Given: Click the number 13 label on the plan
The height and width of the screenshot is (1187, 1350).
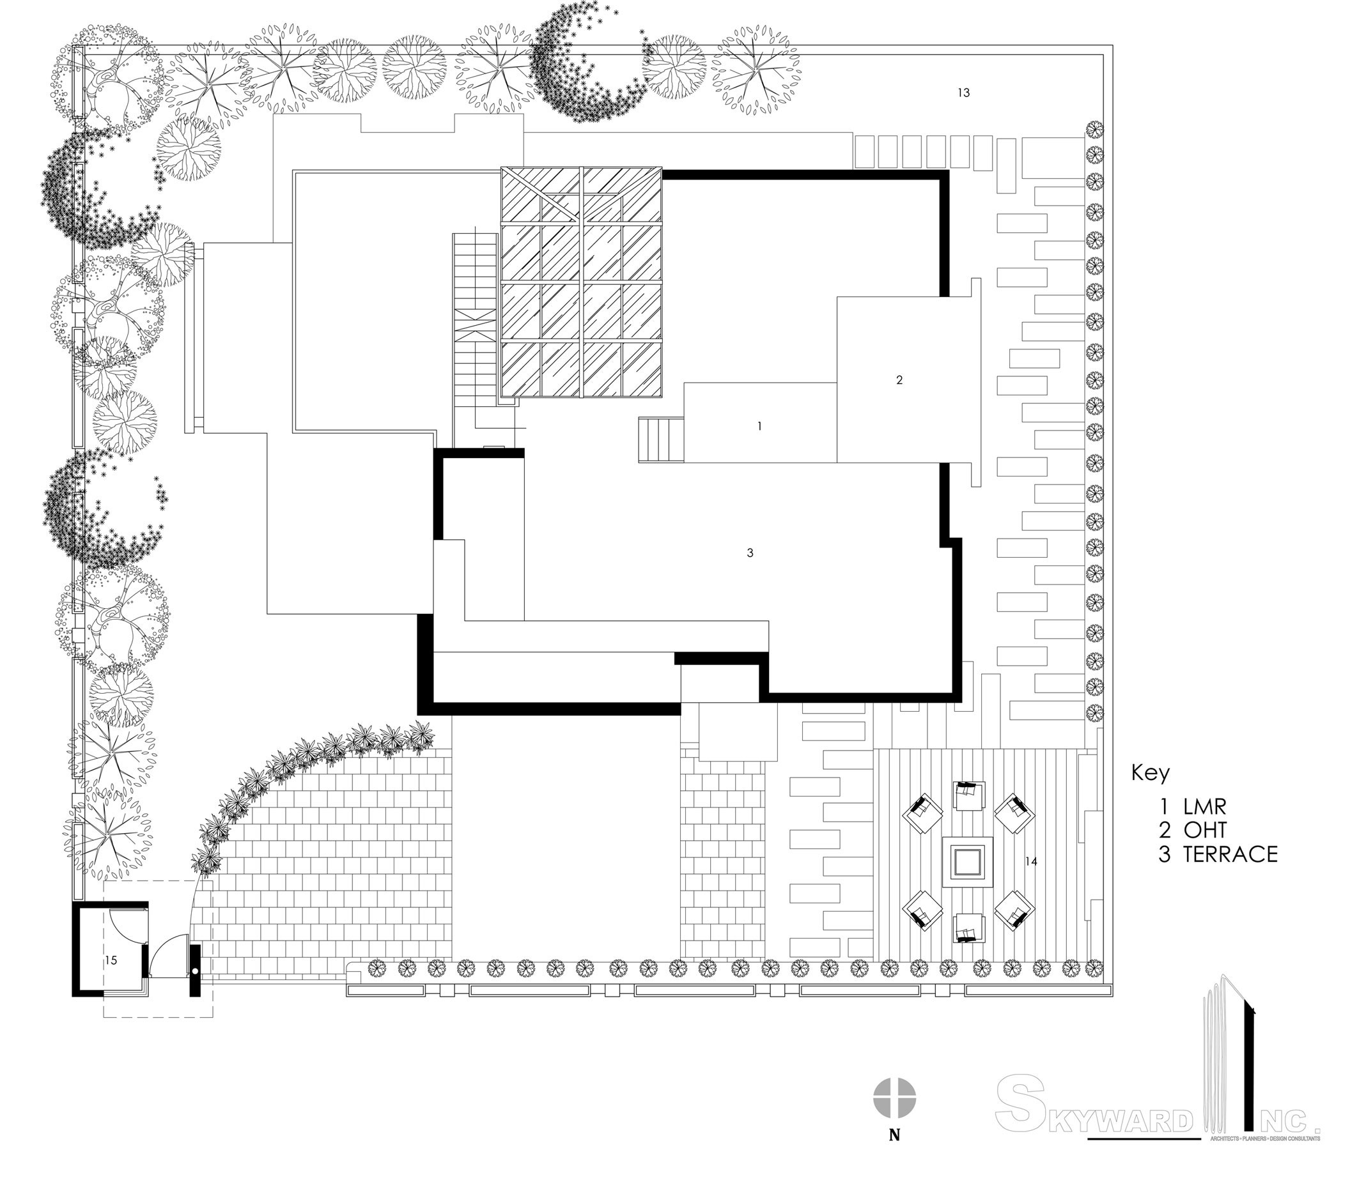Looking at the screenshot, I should point(964,93).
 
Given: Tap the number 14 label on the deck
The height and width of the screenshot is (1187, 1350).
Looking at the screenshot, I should point(1031,862).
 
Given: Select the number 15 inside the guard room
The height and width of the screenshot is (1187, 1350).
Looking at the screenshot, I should point(111,960).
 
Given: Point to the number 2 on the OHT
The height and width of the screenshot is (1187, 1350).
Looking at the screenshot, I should point(899,380).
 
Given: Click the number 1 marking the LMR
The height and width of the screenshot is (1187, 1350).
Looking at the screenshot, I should point(759,427).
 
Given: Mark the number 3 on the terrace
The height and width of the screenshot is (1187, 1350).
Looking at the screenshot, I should point(750,553).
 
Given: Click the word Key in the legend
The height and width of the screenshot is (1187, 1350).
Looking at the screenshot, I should point(1150,772).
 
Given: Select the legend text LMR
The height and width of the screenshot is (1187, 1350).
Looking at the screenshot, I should point(1205,806).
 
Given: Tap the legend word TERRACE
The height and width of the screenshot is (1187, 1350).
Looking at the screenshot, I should point(1230,854).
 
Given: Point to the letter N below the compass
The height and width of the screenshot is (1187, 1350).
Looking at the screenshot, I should point(894,1136).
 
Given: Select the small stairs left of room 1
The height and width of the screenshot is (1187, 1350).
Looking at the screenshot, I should point(660,440).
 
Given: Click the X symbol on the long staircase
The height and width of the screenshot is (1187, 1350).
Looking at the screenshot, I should point(475,325).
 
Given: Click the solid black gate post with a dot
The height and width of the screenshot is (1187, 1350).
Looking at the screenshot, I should point(195,970).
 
